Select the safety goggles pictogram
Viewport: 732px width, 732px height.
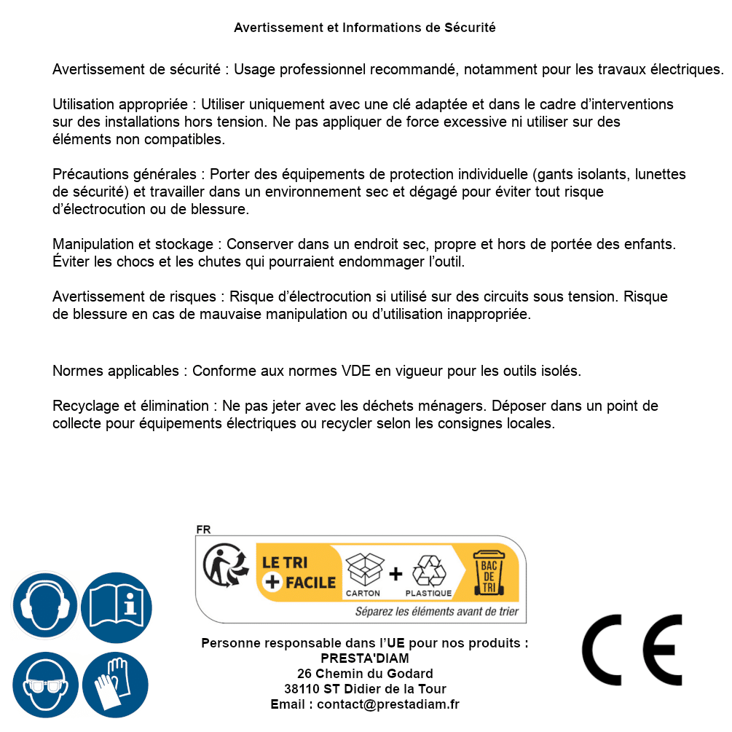(44, 685)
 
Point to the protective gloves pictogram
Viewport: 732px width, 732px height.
(117, 685)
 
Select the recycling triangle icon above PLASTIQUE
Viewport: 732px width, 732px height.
(428, 570)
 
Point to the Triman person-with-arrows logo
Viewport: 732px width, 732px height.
(224, 567)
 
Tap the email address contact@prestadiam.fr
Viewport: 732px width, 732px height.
(388, 704)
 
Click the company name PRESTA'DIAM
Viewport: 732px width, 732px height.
(364, 658)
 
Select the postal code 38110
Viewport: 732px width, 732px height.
(302, 689)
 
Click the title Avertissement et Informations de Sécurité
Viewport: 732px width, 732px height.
(364, 28)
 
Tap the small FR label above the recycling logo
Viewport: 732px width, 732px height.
(203, 530)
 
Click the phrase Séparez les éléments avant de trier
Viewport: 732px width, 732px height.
(436, 612)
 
